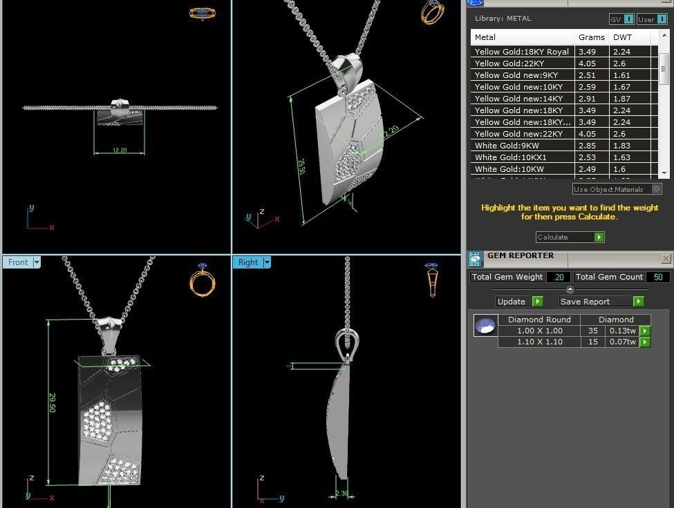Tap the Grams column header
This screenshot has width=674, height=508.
pyautogui.click(x=591, y=37)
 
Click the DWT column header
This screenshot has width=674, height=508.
pyautogui.click(x=622, y=37)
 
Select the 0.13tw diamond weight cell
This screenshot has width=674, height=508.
pyautogui.click(x=621, y=331)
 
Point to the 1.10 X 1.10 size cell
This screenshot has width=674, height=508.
pyautogui.click(x=539, y=342)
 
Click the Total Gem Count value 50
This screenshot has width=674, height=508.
pyautogui.click(x=656, y=277)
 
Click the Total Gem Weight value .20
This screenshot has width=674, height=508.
pyautogui.click(x=558, y=277)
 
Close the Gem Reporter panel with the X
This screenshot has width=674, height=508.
pyautogui.click(x=666, y=258)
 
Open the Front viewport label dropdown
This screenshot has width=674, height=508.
pyautogui.click(x=37, y=262)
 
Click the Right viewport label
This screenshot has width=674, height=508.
pyautogui.click(x=247, y=262)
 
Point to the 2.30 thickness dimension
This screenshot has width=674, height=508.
pyautogui.click(x=342, y=494)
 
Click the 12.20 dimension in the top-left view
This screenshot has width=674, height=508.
pyautogui.click(x=119, y=150)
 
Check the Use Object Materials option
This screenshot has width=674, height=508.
pyautogui.click(x=656, y=189)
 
